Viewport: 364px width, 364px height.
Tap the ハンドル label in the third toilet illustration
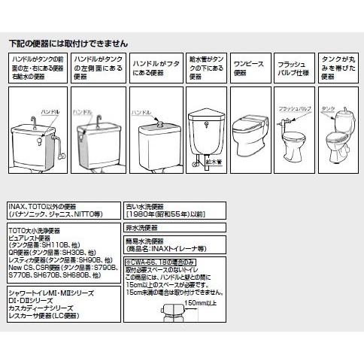[x=141, y=112]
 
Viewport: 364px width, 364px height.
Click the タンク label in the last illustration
[x=328, y=108]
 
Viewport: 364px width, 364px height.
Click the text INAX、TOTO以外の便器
[x=45, y=205]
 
